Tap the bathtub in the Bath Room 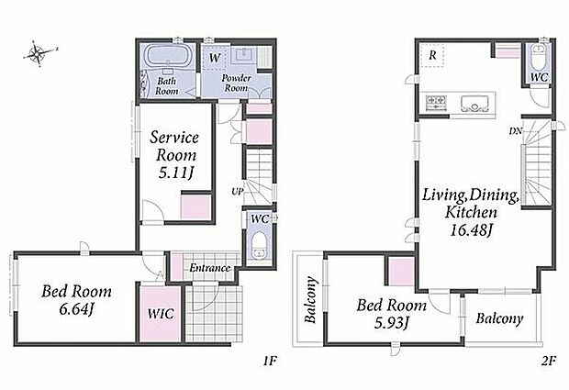click(x=166, y=56)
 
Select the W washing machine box click(x=215, y=57)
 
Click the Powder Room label click(x=236, y=83)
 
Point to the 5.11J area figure click(x=175, y=173)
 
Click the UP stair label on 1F click(x=238, y=192)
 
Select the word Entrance click(x=210, y=268)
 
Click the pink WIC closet click(x=161, y=314)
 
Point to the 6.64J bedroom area click(x=76, y=309)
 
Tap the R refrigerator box click(x=432, y=55)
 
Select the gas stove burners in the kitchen click(x=435, y=102)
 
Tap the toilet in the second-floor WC click(x=538, y=57)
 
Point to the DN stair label click(x=515, y=131)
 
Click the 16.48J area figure click(x=471, y=229)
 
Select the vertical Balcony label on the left click(x=310, y=300)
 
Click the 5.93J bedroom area click(x=391, y=322)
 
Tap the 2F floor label click(x=550, y=361)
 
